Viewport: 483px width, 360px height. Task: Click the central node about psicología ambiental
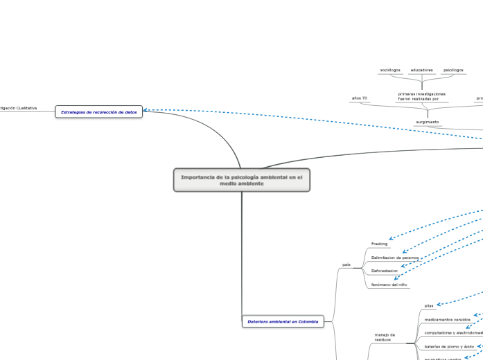242,180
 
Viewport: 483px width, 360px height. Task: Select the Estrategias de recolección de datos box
99,111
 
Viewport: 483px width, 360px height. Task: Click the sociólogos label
390,70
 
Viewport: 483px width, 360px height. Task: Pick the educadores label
421,70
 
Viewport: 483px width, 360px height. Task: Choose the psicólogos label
453,70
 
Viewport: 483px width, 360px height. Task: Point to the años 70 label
360,98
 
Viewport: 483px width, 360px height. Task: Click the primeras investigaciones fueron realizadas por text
421,96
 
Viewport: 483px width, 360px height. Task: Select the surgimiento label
428,121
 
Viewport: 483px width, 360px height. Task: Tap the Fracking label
379,244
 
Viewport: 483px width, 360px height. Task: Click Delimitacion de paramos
395,258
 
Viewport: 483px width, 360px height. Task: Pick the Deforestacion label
384,271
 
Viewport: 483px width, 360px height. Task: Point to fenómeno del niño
389,285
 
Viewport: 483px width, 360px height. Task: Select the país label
346,264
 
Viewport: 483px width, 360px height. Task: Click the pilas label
429,305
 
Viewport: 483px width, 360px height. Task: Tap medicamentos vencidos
447,319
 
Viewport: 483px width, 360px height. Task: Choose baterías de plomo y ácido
449,346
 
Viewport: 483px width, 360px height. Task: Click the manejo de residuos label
384,337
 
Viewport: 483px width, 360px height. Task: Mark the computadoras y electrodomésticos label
453,332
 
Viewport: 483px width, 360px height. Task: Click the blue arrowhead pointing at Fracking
392,239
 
